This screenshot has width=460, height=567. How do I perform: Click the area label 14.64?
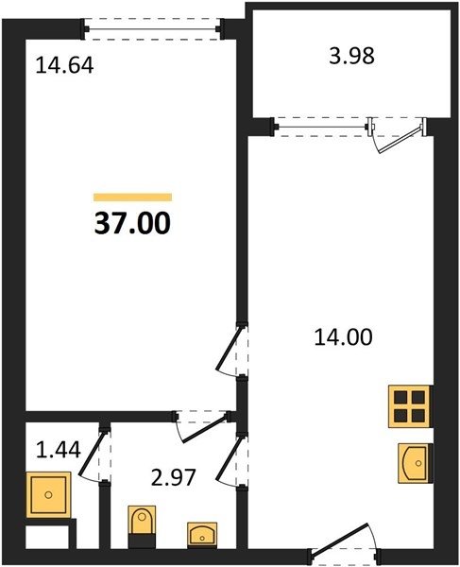(64, 66)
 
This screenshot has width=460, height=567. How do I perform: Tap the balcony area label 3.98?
(351, 57)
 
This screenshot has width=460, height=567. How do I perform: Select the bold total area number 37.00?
(132, 223)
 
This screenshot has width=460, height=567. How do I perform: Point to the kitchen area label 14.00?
(343, 337)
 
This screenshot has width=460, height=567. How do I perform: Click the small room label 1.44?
(59, 450)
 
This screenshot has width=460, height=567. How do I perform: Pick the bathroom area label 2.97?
(174, 477)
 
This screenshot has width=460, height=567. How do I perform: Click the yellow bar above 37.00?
(132, 198)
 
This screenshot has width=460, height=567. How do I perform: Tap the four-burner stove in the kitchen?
(410, 406)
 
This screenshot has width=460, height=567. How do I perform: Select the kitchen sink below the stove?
(416, 463)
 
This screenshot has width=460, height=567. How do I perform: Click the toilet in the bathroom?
(143, 525)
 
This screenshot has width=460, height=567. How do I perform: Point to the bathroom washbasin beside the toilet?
(202, 534)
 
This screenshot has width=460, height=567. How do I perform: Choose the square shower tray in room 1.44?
(48, 494)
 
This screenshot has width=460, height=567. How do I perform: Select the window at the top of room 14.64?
(152, 28)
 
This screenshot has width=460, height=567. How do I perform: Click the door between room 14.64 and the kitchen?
(232, 351)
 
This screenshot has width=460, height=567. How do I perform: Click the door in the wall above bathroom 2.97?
(202, 427)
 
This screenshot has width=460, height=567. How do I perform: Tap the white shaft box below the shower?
(47, 537)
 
